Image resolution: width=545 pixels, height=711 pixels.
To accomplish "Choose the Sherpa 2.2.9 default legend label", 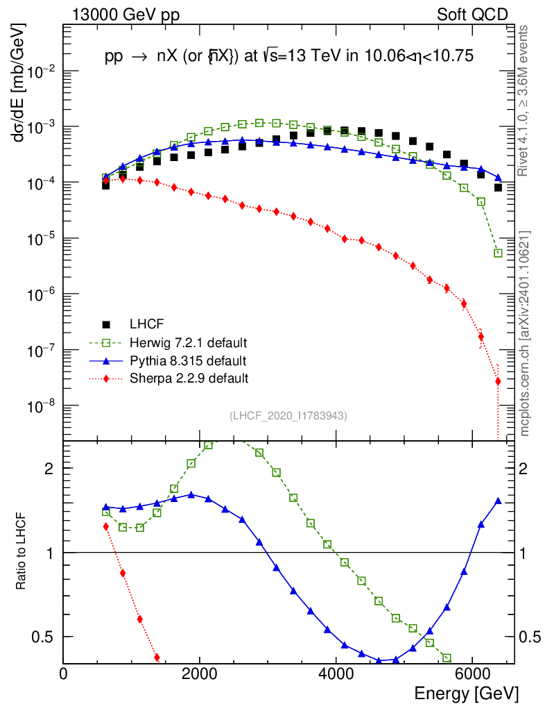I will (x=189, y=378).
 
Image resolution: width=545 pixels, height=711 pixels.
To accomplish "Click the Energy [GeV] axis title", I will (x=466, y=694).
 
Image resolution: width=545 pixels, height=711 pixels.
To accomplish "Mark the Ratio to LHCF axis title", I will (x=21, y=553).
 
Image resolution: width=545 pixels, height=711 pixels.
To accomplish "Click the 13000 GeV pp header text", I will (x=126, y=15).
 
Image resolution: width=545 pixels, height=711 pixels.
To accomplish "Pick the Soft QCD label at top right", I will (x=472, y=15).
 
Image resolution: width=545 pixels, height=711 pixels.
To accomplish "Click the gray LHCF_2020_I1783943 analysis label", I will (x=288, y=415).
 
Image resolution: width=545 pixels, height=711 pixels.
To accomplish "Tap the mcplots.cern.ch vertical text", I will (x=525, y=334).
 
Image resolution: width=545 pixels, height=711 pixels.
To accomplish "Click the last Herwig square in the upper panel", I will (x=498, y=253).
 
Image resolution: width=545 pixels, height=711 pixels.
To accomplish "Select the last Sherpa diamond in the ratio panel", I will (x=157, y=658).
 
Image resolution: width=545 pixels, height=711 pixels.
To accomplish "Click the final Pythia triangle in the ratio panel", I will (x=498, y=501).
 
